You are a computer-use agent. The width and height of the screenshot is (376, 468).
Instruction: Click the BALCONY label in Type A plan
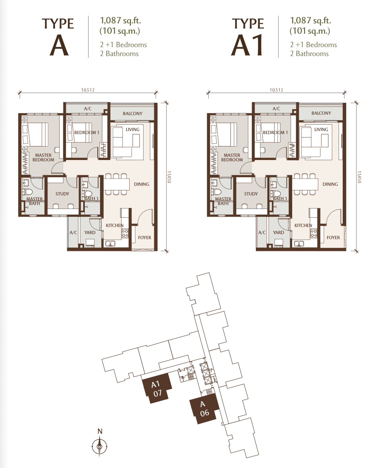[133, 114]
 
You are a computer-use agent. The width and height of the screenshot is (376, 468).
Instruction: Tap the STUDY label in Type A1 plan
[251, 194]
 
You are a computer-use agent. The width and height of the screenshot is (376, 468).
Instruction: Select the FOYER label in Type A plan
[144, 238]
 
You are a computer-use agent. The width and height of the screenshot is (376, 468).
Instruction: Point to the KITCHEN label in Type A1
[303, 225]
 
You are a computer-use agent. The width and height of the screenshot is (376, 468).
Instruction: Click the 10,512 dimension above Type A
[88, 90]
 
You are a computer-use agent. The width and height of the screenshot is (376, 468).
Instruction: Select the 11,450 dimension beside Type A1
[359, 177]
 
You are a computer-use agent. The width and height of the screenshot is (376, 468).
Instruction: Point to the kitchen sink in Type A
[110, 243]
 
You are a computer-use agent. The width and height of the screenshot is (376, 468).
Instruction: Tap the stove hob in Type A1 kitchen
[314, 233]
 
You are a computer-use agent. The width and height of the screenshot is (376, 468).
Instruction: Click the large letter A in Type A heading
[59, 45]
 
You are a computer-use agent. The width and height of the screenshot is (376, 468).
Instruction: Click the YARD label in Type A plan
[90, 232]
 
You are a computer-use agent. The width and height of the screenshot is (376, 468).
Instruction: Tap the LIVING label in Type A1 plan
[321, 129]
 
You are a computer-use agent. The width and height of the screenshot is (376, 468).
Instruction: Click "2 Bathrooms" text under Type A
[119, 54]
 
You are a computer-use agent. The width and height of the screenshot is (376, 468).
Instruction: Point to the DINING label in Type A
[141, 184]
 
